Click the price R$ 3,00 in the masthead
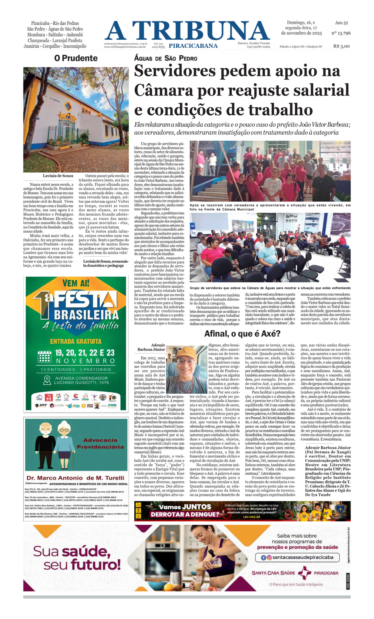tap(341, 46)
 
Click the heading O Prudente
tap(76, 58)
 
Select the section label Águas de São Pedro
tap(166, 59)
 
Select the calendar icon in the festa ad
tap(44, 356)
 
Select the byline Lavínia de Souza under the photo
tap(58, 176)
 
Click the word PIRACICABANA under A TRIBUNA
tap(193, 46)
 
